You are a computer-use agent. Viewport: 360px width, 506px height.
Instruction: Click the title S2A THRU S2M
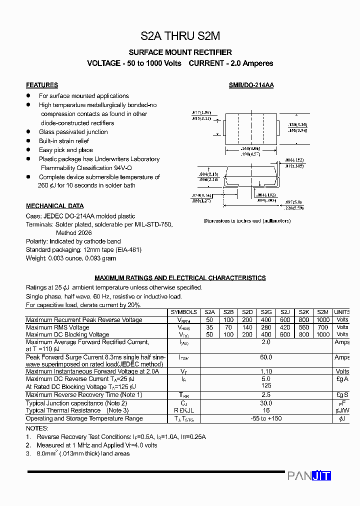[180, 36]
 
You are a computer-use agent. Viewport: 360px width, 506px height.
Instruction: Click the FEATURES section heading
[42, 85]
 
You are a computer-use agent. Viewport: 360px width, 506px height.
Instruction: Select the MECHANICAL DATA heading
[54, 206]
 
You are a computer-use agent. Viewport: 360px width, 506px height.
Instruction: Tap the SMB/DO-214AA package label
[251, 85]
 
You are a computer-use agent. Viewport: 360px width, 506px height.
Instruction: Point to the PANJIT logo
[309, 475]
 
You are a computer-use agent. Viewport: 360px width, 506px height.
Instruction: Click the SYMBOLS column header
[183, 312]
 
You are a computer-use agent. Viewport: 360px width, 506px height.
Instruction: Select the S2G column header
[266, 312]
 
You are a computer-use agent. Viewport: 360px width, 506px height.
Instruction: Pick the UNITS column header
[342, 312]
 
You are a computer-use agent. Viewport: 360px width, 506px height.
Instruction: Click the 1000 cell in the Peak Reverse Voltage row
[323, 320]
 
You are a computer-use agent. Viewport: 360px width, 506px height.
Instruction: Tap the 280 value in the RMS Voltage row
[266, 327]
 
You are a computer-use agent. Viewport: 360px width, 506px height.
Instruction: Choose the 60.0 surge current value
[266, 357]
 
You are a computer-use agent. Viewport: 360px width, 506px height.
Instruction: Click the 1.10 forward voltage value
[266, 371]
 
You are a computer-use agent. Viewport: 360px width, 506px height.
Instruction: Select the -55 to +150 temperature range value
[266, 418]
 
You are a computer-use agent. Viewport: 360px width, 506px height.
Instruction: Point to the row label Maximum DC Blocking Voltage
[67, 334]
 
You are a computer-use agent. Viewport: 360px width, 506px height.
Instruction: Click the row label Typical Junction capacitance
[76, 403]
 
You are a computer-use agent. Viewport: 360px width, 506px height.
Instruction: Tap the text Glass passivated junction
[73, 132]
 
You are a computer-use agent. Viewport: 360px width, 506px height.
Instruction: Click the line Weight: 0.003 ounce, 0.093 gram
[71, 258]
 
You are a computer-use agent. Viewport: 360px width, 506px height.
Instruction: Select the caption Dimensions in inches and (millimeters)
[247, 220]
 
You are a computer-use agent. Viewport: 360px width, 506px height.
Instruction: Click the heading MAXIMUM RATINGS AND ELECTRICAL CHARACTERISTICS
[180, 278]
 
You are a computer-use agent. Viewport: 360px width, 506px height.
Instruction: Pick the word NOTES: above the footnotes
[37, 428]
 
